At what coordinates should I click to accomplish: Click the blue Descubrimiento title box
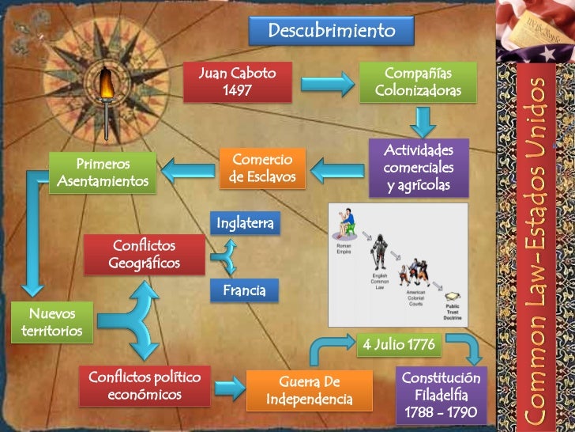[x=331, y=31]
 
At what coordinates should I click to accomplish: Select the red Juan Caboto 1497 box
[x=237, y=81]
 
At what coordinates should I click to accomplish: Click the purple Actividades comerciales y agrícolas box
[x=418, y=168]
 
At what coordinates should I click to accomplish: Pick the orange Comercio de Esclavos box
[x=261, y=168]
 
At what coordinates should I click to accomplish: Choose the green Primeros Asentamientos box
[x=103, y=172]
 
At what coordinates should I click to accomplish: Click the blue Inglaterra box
[x=245, y=224]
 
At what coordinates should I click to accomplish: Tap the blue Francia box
[x=244, y=290]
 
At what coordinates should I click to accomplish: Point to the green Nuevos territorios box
[x=50, y=322]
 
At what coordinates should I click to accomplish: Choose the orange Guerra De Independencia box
[x=309, y=390]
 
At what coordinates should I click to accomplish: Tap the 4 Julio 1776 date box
[x=398, y=346]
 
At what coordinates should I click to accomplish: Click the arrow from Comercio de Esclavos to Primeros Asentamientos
[x=186, y=167]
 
